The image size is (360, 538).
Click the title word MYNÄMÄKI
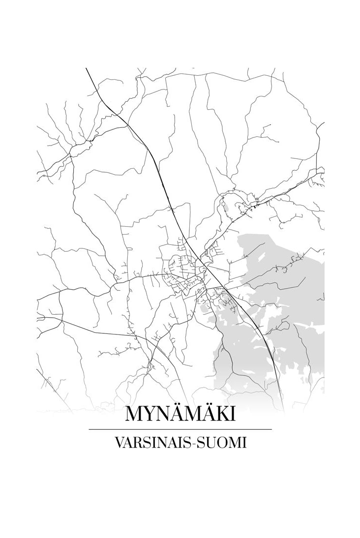[180, 414]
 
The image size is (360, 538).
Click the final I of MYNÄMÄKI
[232, 414]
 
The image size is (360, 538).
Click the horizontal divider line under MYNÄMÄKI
[180, 429]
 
